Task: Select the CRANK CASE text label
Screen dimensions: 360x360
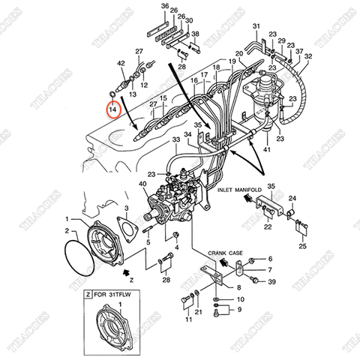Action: tap(224, 253)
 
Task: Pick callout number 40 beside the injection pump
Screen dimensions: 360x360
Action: tap(143, 184)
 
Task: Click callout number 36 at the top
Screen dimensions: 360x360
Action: tap(165, 6)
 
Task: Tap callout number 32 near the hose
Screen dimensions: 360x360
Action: tap(308, 56)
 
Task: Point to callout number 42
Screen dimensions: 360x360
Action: tap(119, 65)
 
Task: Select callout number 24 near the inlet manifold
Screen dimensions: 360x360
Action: tap(292, 198)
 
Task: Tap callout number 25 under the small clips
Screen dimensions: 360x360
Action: tap(302, 246)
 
